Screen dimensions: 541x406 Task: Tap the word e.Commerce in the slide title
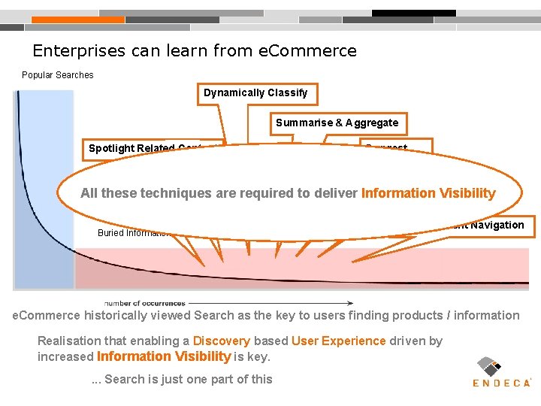pyautogui.click(x=307, y=51)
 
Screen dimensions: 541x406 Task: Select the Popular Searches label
pyautogui.click(x=58, y=75)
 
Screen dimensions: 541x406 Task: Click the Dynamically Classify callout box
pyautogui.click(x=255, y=93)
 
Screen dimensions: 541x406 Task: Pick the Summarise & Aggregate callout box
pyautogui.click(x=337, y=123)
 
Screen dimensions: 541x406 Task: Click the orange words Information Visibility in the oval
pyautogui.click(x=428, y=193)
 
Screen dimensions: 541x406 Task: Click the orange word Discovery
pyautogui.click(x=218, y=341)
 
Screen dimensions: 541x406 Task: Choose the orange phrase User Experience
pyautogui.click(x=339, y=341)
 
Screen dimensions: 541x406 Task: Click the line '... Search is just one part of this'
pyautogui.click(x=181, y=379)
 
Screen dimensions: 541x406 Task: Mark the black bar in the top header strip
pyautogui.click(x=414, y=13)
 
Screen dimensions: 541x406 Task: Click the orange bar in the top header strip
pyautogui.click(x=78, y=20)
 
